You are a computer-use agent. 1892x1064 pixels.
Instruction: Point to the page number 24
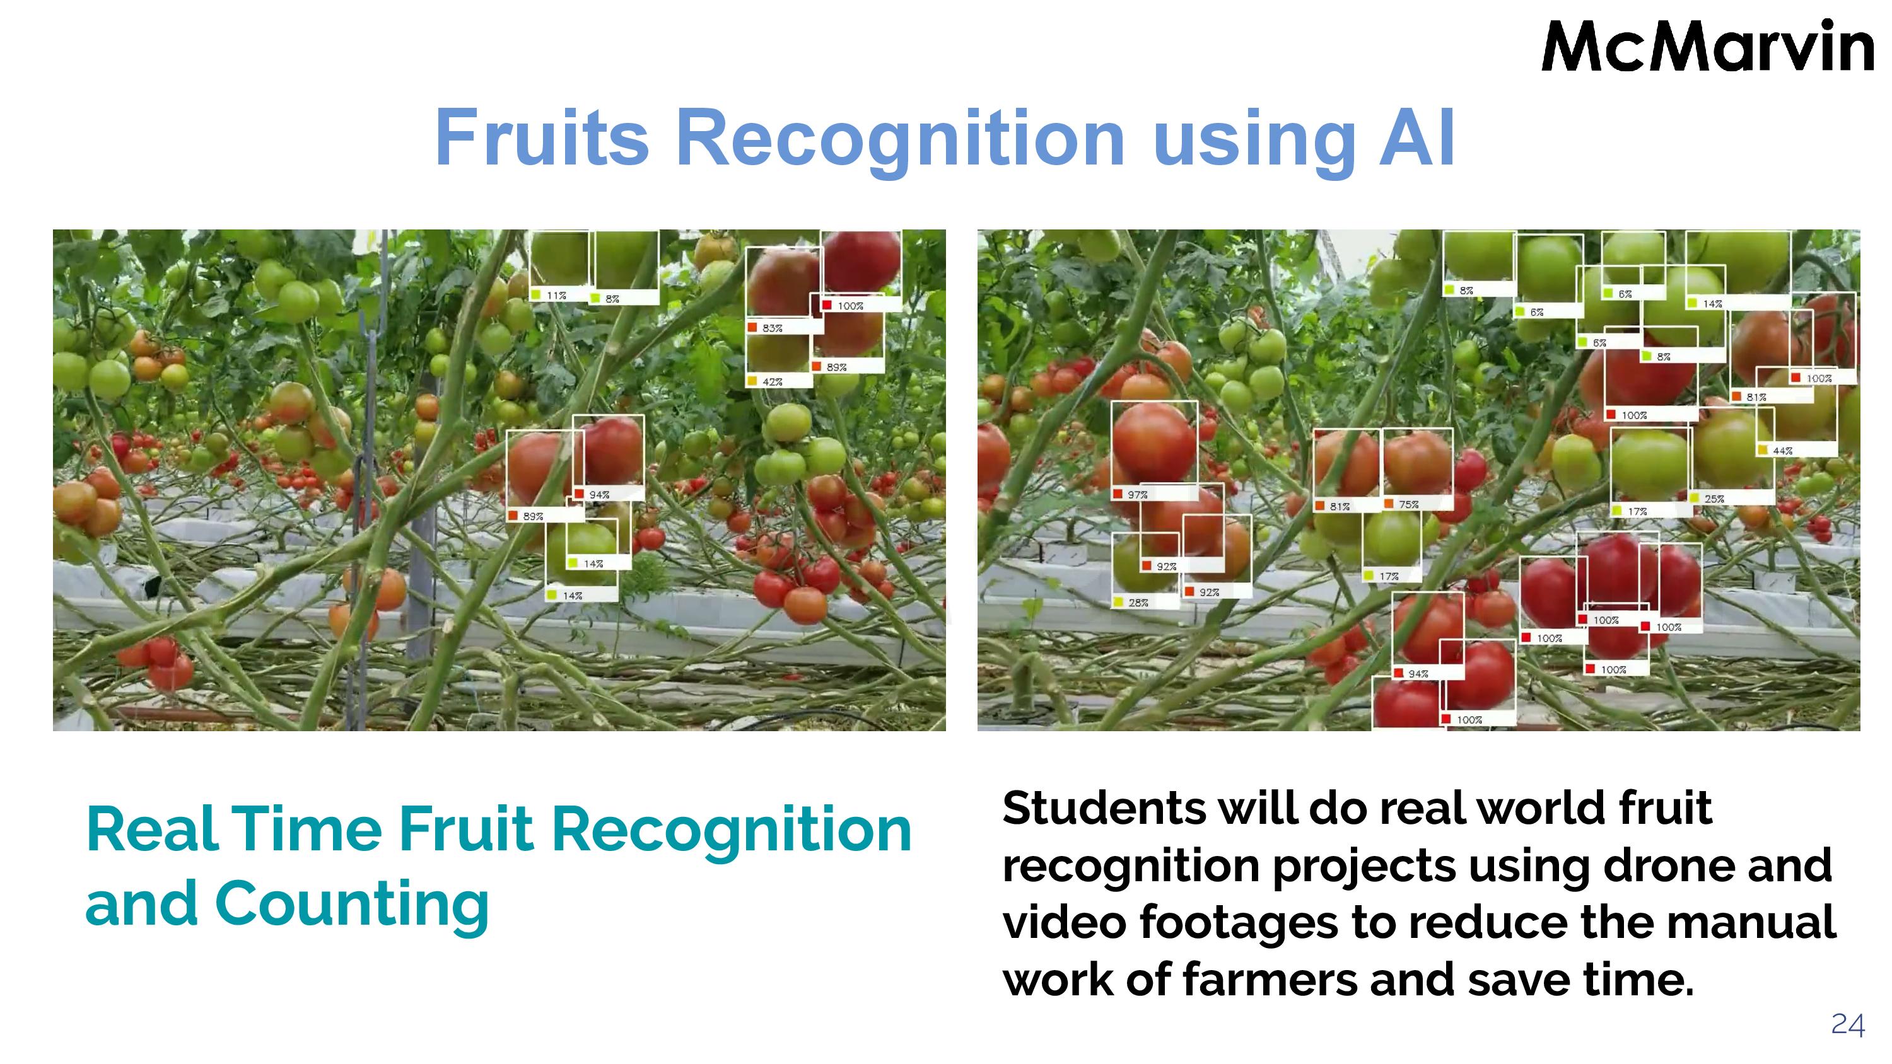[x=1847, y=1024]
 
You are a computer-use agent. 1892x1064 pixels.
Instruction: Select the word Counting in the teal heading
[x=351, y=904]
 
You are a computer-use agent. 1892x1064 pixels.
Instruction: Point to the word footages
[x=1239, y=923]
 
